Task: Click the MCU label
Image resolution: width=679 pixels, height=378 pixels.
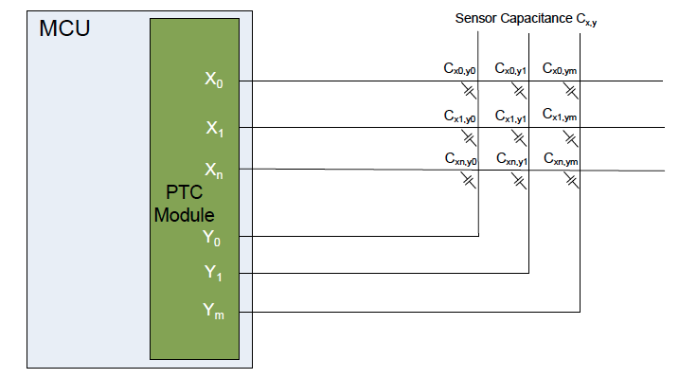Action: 64,27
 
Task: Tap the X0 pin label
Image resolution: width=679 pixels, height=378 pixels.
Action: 215,81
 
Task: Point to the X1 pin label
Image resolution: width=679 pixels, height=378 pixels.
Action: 215,127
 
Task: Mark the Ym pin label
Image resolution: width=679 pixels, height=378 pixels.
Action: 215,310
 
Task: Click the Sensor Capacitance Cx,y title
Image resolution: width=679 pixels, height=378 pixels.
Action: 526,18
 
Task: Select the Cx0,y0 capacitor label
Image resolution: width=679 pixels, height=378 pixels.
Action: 460,68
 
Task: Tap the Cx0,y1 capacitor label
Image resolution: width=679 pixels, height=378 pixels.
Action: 511,68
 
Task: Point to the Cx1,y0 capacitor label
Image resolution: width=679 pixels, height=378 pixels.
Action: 460,116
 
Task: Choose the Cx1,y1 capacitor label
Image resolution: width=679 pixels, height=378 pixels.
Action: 511,116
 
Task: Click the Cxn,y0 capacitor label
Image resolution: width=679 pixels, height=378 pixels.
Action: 460,160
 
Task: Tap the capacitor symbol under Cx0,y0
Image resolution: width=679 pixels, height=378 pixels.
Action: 468,90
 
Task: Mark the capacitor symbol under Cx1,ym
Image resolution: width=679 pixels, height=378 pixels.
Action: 568,136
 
